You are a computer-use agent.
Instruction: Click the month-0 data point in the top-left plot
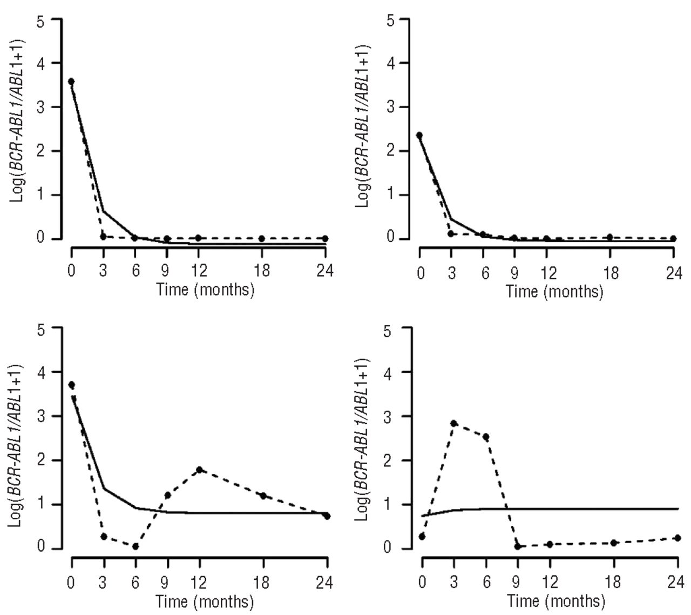tap(71, 82)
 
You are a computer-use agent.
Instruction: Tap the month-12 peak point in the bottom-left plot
tap(200, 470)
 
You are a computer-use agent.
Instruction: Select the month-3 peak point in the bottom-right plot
tap(454, 423)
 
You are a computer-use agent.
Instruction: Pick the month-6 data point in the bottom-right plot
tap(486, 437)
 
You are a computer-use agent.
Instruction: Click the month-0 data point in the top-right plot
tap(419, 135)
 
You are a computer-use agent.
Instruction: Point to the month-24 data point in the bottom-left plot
tap(327, 516)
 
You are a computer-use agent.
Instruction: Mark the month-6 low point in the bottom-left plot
tap(135, 546)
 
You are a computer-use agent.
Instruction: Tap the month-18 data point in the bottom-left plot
tap(263, 496)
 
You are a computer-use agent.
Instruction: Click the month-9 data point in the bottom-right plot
tap(517, 546)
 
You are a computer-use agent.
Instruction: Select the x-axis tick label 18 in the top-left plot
tap(261, 270)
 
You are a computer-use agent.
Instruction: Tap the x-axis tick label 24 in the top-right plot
tap(673, 273)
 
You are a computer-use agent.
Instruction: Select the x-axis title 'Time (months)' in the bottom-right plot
tap(556, 601)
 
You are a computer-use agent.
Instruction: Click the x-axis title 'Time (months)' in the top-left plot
tap(205, 290)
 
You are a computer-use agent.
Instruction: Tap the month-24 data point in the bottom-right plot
tap(676, 538)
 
